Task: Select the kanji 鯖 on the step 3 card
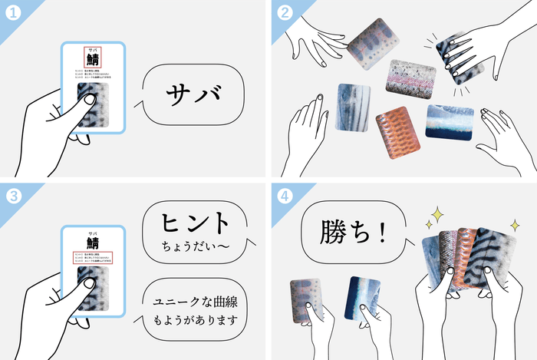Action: pyautogui.click(x=93, y=241)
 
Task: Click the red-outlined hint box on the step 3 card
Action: pyautogui.click(x=93, y=257)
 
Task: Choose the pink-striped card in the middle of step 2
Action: pyautogui.click(x=411, y=78)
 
